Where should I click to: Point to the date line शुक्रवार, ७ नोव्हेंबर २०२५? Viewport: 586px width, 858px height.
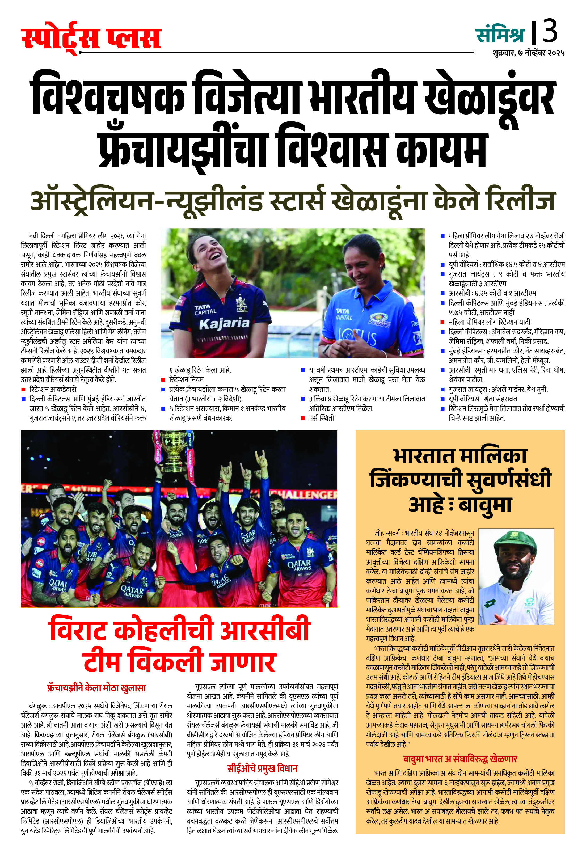coord(528,53)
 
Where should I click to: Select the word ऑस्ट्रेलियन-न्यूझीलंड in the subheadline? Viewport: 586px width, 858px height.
coord(146,201)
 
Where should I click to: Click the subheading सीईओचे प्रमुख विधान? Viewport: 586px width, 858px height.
coord(262,768)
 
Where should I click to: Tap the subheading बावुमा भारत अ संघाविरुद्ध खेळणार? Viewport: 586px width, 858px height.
coord(460,759)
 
